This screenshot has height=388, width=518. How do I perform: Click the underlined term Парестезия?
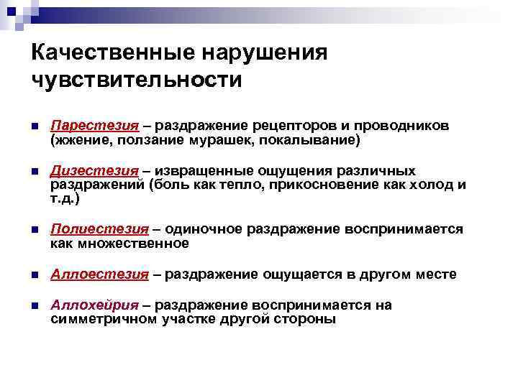click(94, 126)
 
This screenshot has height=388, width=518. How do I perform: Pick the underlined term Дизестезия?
click(94, 171)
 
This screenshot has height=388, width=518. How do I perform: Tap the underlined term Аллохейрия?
click(96, 305)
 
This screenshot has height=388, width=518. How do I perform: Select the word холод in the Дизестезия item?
click(429, 185)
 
